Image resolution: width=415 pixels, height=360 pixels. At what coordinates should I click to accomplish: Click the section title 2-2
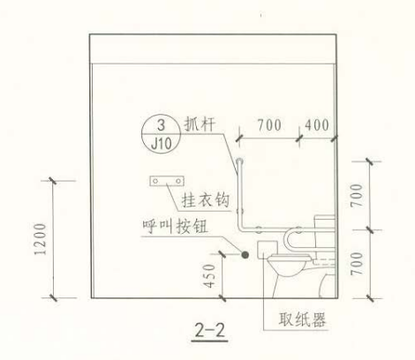(210, 330)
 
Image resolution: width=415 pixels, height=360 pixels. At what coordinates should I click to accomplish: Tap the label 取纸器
(302, 319)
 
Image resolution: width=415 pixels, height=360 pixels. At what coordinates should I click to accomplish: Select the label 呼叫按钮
(175, 226)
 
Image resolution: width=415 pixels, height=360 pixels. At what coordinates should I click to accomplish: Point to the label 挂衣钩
(205, 200)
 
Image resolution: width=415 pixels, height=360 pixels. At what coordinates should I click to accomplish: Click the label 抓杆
(200, 124)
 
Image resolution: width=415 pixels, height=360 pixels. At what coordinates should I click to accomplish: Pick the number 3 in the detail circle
(161, 125)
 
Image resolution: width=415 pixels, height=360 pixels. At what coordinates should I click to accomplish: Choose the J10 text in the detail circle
(161, 144)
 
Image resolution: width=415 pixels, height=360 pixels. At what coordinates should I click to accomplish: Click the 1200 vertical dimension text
(41, 239)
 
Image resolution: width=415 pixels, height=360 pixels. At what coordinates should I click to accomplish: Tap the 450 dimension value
(209, 276)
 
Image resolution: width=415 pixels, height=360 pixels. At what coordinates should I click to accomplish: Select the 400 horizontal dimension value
(317, 125)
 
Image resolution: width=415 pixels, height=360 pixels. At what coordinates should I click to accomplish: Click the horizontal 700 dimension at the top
(269, 125)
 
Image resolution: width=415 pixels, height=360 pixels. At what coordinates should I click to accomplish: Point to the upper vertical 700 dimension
(357, 195)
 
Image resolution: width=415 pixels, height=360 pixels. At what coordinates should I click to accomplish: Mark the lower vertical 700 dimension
(357, 264)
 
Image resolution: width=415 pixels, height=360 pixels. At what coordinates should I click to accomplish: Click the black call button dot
(245, 255)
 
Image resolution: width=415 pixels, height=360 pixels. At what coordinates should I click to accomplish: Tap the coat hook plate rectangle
(167, 181)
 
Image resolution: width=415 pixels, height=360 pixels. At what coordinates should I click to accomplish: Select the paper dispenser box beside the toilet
(268, 250)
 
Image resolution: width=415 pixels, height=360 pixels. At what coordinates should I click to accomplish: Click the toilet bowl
(289, 266)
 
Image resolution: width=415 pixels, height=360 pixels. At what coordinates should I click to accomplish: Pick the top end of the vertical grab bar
(239, 161)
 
